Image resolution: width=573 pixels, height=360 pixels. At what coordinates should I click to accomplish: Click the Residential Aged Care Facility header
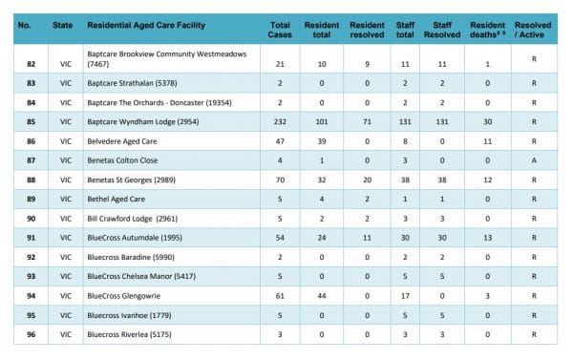(143, 24)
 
